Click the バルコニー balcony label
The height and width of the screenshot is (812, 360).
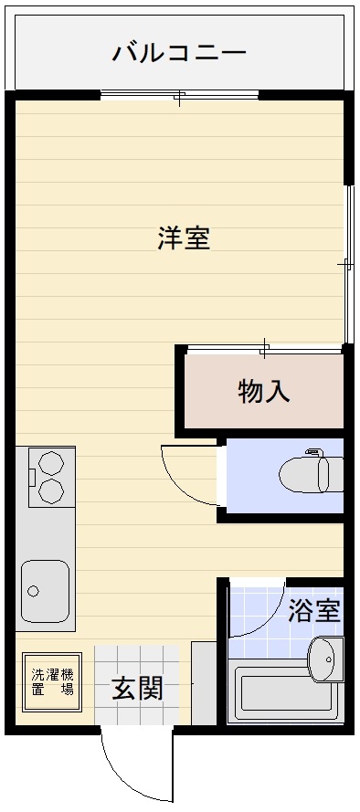pos(179,53)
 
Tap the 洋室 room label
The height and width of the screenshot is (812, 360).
pos(184,237)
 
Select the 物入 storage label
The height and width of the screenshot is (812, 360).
pos(264,392)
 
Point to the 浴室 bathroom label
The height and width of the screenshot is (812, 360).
pos(314,610)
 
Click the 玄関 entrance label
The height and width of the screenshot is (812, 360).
pos(138,689)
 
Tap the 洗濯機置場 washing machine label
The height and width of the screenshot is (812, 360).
pos(52,682)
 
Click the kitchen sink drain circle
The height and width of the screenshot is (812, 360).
pos(34,591)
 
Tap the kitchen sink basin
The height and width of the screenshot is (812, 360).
pos(45,591)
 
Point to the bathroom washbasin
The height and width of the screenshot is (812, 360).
pos(326,659)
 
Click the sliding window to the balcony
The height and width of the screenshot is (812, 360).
pos(180,95)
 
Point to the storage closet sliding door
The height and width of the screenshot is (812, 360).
pos(264,350)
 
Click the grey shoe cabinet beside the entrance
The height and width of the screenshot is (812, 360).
pos(204,683)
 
